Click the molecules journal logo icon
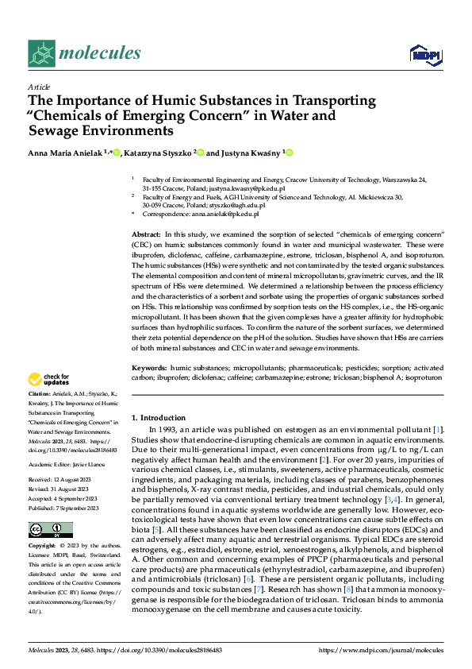pos(41,53)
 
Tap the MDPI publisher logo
pos(425,54)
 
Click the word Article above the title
pos(39,87)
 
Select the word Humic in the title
pos(159,101)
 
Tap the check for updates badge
pos(49,379)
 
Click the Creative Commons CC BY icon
pos(50,530)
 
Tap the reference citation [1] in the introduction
pos(438,430)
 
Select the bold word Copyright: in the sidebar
pos(42,547)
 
